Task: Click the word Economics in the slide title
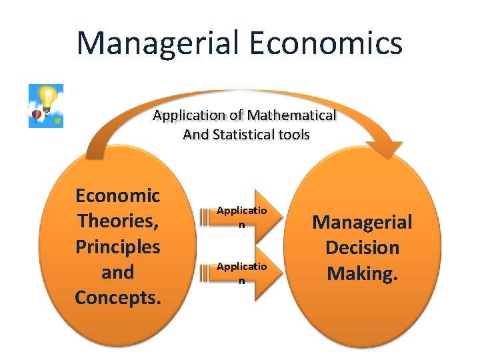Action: [326, 42]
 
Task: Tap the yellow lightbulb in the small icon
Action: [47, 97]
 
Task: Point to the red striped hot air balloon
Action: [37, 116]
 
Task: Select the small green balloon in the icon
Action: [57, 121]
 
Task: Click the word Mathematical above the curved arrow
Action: [293, 115]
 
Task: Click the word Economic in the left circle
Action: [118, 196]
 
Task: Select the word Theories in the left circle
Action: [118, 221]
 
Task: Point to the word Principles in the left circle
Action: [118, 247]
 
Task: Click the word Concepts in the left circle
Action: [118, 298]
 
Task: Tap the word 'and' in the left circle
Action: [118, 272]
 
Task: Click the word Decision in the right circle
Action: [362, 247]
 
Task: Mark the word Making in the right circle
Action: [362, 273]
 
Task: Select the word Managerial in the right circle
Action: [362, 221]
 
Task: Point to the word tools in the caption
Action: [294, 135]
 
